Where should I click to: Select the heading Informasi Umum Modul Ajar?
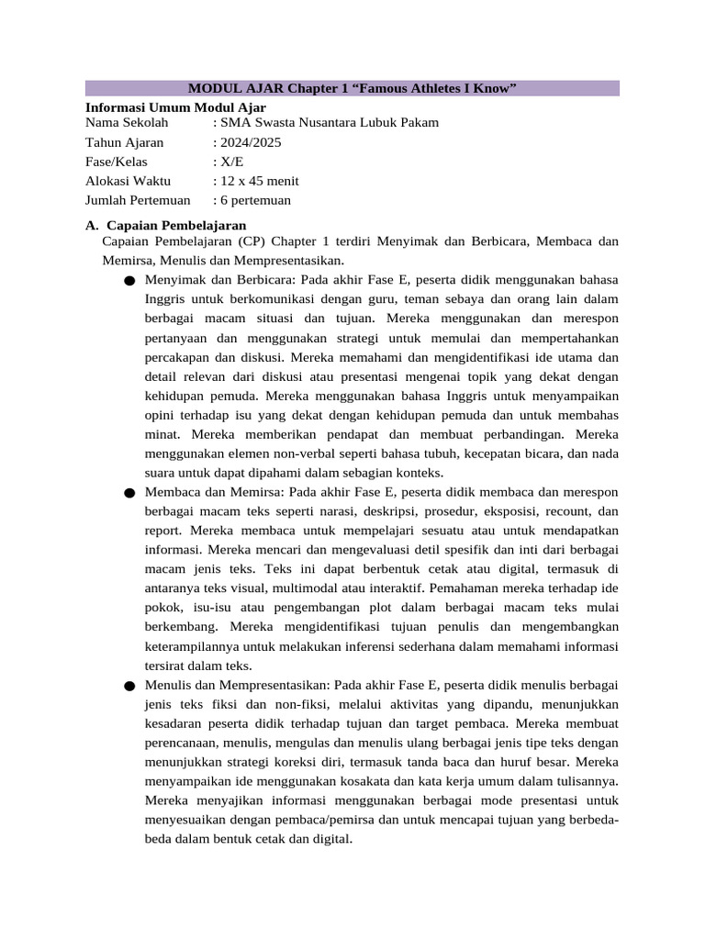[x=175, y=107]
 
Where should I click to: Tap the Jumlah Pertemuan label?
[x=138, y=200]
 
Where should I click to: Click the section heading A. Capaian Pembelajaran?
[x=165, y=225]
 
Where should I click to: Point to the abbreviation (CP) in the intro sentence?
[x=261, y=241]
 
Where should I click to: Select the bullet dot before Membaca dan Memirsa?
[x=129, y=494]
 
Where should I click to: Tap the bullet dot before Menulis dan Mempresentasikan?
[x=129, y=687]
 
